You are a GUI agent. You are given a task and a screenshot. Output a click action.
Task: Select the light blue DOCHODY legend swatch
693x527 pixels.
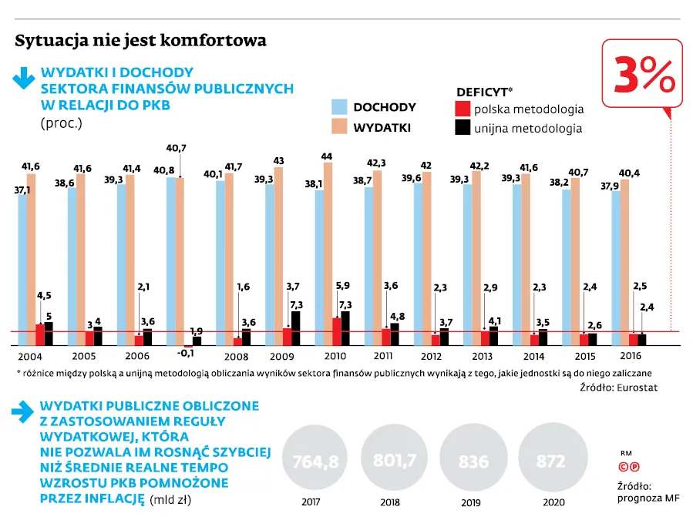[x=339, y=107]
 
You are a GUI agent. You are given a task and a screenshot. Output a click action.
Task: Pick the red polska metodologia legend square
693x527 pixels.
[x=463, y=109]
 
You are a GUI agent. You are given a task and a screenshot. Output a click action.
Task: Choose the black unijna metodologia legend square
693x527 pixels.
[x=463, y=128]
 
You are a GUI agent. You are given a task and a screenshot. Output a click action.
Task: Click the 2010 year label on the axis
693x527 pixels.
[x=335, y=356]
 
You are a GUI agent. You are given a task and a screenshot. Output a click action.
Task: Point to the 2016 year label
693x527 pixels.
[x=631, y=356]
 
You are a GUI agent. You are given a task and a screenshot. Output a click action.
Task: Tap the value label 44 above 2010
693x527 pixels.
[x=327, y=156]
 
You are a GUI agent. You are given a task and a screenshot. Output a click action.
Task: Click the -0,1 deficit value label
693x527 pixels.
[x=185, y=354]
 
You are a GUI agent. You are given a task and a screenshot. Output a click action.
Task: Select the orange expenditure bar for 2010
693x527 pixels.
[x=328, y=253]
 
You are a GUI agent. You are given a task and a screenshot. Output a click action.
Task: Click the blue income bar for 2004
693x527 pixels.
[x=22, y=270]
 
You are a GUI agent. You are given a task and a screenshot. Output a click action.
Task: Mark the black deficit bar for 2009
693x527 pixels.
[x=296, y=328]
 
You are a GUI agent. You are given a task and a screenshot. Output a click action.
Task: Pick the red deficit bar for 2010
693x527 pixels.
[x=337, y=331]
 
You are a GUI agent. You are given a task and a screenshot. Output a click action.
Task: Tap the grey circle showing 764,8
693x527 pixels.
[x=315, y=458]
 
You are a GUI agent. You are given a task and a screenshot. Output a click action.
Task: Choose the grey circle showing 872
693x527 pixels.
[x=553, y=458]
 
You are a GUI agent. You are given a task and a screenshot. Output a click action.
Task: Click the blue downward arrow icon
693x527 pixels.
[x=23, y=79]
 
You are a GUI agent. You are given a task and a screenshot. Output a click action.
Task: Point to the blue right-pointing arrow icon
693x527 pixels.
[x=22, y=412]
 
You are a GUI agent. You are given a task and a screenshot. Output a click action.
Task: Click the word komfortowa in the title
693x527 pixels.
[x=213, y=40]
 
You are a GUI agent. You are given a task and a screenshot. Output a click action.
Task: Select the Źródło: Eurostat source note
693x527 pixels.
[x=619, y=388]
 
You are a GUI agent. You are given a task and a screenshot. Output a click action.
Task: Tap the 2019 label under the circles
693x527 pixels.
[x=471, y=502]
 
